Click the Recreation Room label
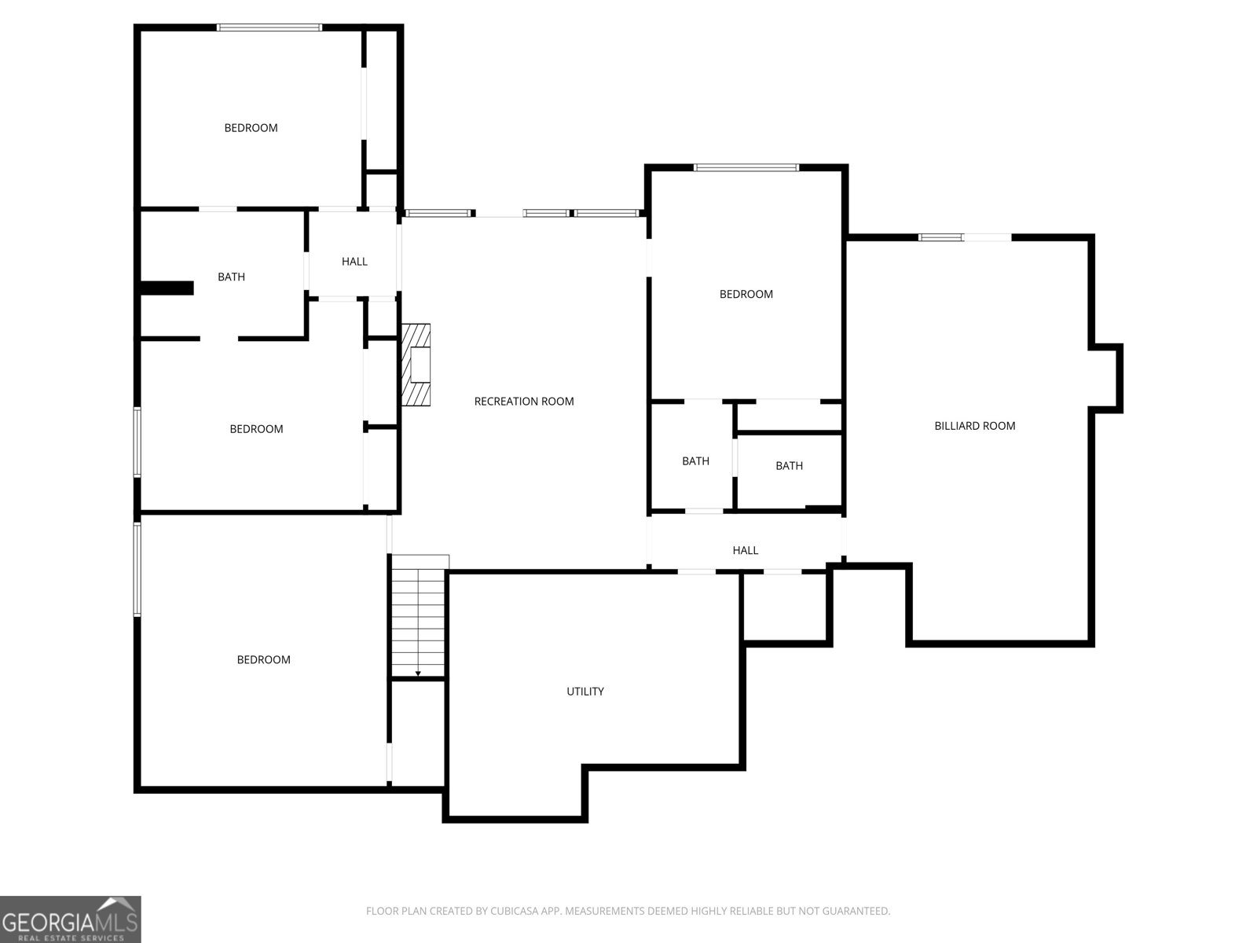[x=523, y=402]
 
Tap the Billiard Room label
[x=975, y=426]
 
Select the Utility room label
[x=585, y=692]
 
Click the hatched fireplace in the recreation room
[x=416, y=365]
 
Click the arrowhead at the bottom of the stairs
[x=418, y=674]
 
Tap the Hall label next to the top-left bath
[x=354, y=262]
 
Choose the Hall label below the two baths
[x=745, y=550]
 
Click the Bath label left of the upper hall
[x=231, y=277]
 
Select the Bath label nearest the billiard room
[x=789, y=466]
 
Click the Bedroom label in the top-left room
[x=251, y=128]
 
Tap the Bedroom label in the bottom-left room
[x=263, y=659]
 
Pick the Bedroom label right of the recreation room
[x=746, y=294]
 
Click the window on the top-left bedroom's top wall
[x=269, y=28]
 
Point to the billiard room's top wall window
[x=940, y=237]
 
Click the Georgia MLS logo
[x=71, y=919]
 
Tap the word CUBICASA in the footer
[x=512, y=911]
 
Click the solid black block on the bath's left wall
[x=167, y=288]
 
